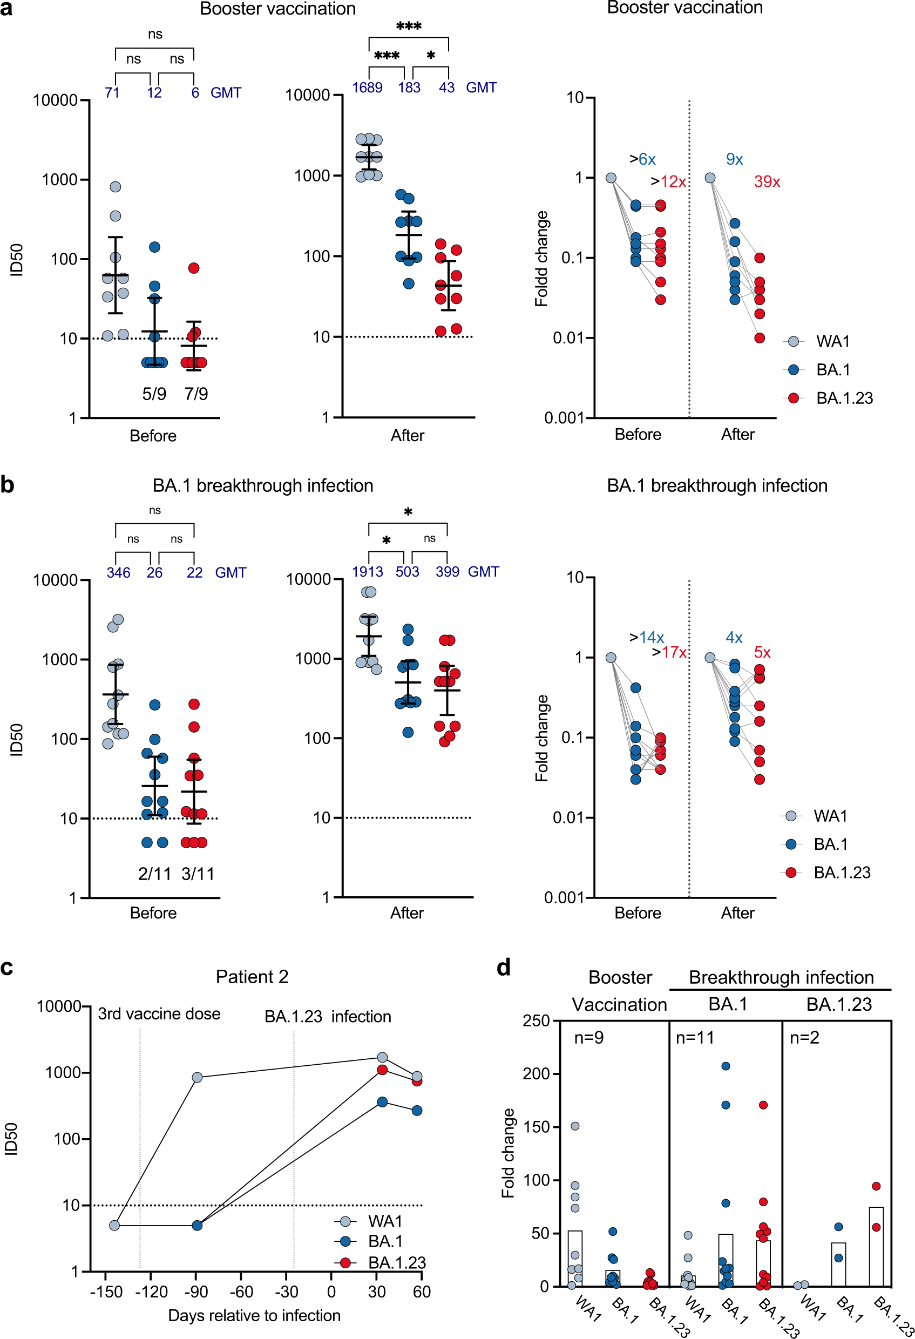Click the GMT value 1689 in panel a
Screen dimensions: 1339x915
coord(367,87)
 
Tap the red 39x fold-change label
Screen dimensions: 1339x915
coord(767,182)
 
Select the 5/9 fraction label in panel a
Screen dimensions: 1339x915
coord(154,394)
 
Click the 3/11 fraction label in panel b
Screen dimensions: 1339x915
coord(198,874)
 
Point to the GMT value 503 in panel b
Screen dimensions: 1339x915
coord(408,572)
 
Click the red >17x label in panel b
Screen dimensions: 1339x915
coord(669,652)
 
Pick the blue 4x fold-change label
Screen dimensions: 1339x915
coord(734,637)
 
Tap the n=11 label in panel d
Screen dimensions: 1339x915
coord(695,1038)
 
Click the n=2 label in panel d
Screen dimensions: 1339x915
coord(804,1038)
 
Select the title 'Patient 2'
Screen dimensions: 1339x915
coord(252,977)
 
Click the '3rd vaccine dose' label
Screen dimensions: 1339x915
coord(159,1014)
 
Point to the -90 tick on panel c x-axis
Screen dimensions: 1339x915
coord(196,1291)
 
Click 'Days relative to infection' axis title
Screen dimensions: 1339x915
coord(254,1316)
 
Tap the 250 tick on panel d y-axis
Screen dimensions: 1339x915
coord(536,1021)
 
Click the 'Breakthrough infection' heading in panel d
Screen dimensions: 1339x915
coord(781,978)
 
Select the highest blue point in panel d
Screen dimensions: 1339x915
coord(726,1066)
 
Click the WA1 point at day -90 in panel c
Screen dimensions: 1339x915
coord(197,1078)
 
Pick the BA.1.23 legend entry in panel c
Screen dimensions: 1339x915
coord(396,1263)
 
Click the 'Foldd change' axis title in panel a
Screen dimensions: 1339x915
coord(541,259)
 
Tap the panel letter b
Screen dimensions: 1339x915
coord(8,485)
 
